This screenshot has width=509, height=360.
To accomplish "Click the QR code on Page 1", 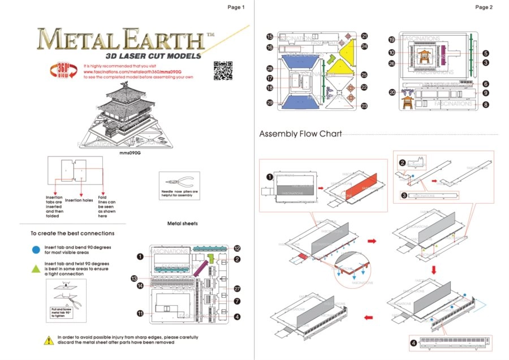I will tap(223, 71).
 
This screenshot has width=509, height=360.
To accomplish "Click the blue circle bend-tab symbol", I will tap(36, 248).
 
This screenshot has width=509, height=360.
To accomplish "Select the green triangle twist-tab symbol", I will tap(36, 267).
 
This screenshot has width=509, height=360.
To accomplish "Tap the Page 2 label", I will tap(484, 7).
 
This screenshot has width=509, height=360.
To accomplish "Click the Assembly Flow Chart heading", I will tap(300, 134).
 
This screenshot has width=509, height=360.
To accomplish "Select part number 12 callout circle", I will tap(237, 248).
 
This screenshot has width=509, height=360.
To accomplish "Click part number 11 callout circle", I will tap(140, 313).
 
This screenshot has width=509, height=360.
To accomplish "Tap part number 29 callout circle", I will tap(270, 102).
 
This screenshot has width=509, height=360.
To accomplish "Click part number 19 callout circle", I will tap(391, 40).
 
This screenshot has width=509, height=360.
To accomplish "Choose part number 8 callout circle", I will tap(485, 105).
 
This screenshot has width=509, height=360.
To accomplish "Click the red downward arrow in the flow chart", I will tap(434, 271).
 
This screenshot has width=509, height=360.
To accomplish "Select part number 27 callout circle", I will tap(237, 288).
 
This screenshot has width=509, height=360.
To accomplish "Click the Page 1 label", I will tap(236, 7).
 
